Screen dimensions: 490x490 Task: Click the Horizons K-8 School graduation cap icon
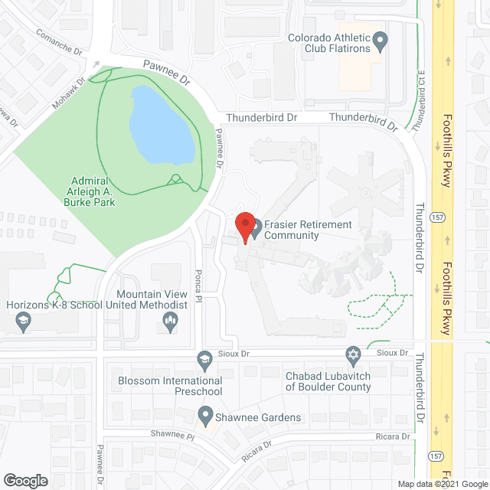(23, 321)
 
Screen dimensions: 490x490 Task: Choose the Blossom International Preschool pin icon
(204, 358)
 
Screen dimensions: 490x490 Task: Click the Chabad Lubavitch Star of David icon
(353, 355)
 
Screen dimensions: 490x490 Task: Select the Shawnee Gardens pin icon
(204, 416)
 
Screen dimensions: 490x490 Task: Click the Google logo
(25, 481)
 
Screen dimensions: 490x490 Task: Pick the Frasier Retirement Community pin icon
(256, 225)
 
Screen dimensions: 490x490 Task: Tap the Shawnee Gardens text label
(258, 417)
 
